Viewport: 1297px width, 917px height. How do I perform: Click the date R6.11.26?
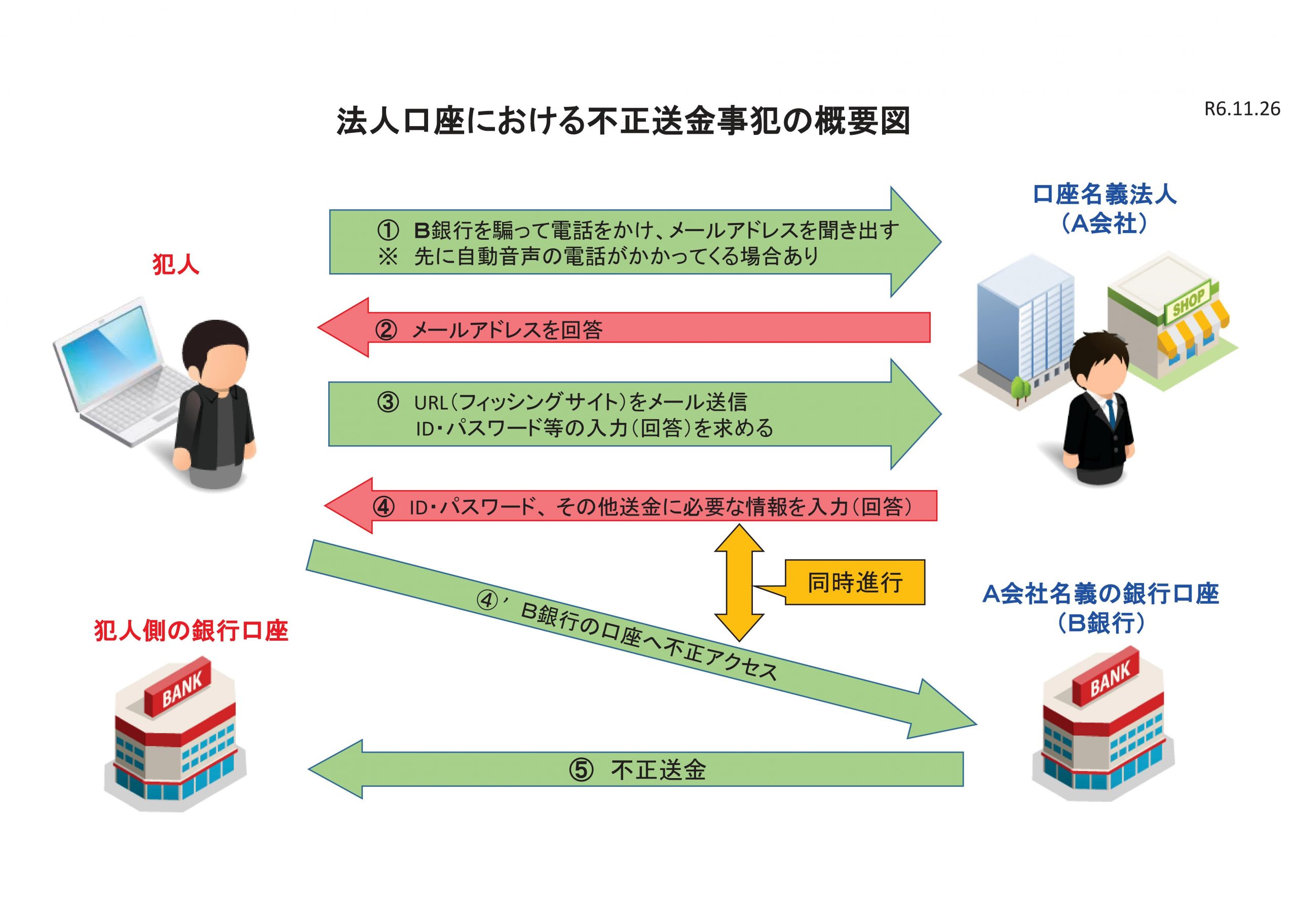(x=1242, y=109)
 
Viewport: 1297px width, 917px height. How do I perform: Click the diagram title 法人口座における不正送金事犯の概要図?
(x=623, y=121)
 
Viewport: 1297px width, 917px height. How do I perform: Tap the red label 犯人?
(x=176, y=265)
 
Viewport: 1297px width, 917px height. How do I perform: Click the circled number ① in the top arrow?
(x=388, y=231)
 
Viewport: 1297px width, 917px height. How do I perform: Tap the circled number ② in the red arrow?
(x=386, y=329)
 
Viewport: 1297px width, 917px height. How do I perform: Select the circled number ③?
(x=388, y=402)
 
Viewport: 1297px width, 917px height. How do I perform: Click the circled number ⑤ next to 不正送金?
(x=581, y=770)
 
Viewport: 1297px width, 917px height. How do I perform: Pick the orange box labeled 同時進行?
(x=854, y=582)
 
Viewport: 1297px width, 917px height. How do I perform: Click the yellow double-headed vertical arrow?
(x=739, y=582)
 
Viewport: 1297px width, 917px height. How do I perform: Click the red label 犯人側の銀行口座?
(x=191, y=631)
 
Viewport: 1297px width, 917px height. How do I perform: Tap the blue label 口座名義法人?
(x=1104, y=195)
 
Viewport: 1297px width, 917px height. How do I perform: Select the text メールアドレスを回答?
(x=507, y=329)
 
